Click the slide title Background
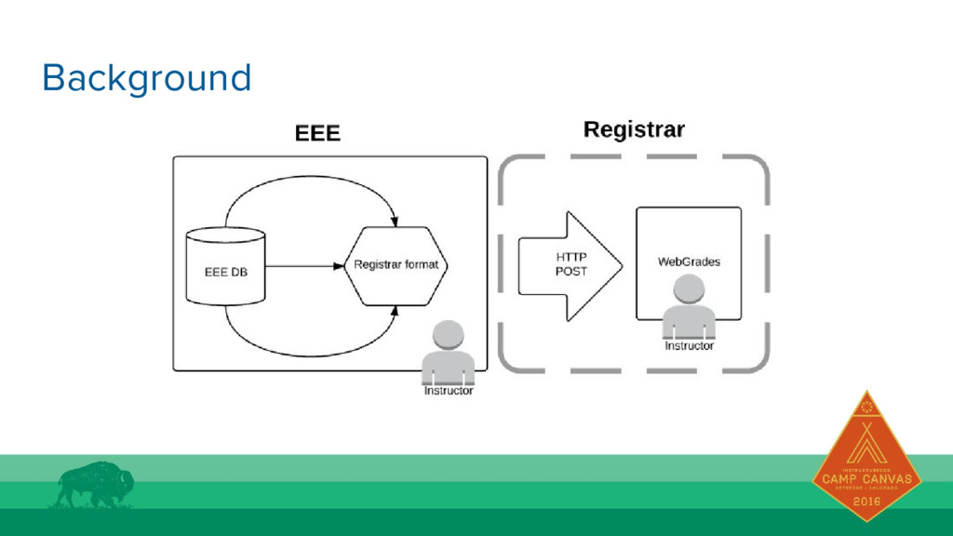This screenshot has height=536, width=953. click(147, 78)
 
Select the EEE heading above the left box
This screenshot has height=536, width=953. click(317, 133)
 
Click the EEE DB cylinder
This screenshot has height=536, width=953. click(225, 266)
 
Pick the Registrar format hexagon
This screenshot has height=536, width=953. click(396, 265)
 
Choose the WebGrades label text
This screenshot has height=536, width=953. click(689, 261)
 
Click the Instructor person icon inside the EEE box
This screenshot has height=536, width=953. click(449, 354)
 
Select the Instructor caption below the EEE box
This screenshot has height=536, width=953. click(449, 391)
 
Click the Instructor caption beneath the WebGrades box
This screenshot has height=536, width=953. click(689, 345)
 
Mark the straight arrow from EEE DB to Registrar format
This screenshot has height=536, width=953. click(303, 265)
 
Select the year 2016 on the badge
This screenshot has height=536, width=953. click(866, 502)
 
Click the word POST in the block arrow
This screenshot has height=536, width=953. click(571, 271)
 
